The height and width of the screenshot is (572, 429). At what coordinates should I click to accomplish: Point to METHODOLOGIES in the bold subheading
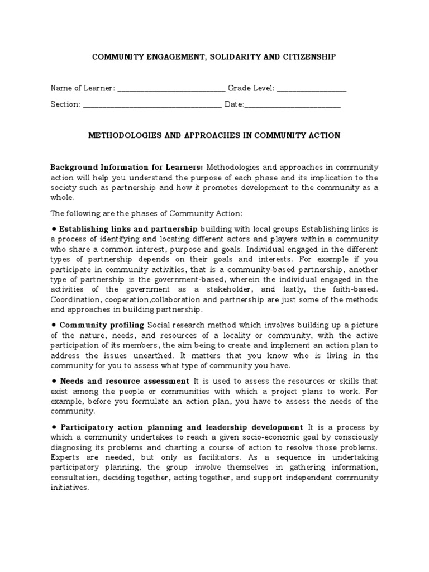point(122,136)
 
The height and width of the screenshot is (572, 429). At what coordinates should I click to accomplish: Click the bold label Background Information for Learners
point(127,167)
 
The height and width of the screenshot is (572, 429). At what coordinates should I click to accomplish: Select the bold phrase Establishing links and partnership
point(128,228)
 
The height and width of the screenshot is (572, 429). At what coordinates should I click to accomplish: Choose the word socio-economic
point(233,437)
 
